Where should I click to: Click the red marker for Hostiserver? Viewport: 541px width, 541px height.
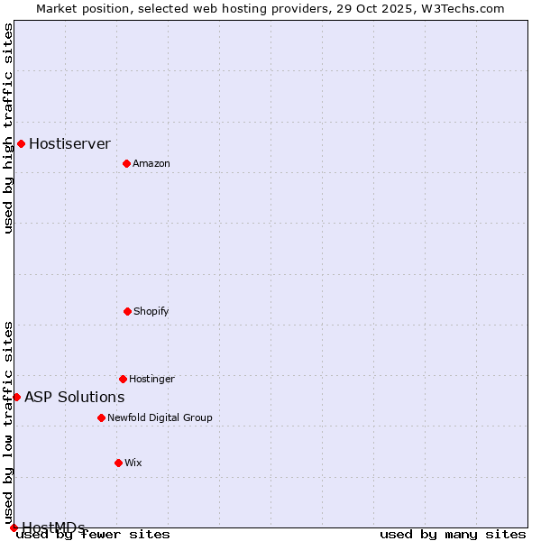click(21, 143)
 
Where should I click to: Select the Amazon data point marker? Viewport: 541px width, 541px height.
click(126, 163)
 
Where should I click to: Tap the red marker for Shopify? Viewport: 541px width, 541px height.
click(127, 311)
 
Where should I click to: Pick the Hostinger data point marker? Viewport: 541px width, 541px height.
click(123, 379)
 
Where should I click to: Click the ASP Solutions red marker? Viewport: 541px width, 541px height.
click(16, 397)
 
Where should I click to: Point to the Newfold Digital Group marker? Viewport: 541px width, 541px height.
click(101, 417)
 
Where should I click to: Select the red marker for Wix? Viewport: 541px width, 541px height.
click(118, 463)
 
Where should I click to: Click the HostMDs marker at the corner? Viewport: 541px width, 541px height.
click(14, 527)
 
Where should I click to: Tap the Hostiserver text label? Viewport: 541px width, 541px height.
click(69, 143)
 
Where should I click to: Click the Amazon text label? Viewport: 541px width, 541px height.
click(151, 163)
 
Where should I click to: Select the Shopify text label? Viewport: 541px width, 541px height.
click(151, 311)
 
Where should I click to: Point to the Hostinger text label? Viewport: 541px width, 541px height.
click(151, 379)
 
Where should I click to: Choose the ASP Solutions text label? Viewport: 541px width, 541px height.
click(74, 397)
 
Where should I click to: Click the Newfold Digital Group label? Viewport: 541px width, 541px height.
click(160, 417)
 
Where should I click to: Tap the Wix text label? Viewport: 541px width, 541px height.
click(133, 463)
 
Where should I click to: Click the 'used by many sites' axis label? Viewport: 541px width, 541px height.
click(453, 535)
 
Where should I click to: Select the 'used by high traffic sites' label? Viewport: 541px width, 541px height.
click(8, 128)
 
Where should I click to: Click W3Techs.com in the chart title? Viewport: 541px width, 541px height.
click(465, 8)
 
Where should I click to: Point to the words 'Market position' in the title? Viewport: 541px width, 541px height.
click(78, 8)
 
